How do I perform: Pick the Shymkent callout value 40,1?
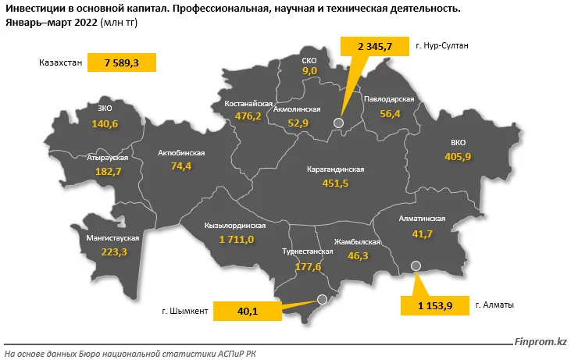click(248, 311)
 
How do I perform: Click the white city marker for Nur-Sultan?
click(338, 123)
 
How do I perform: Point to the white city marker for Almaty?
click(416, 266)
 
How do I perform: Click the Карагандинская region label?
click(336, 169)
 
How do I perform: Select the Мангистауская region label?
click(114, 237)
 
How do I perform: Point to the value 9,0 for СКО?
click(309, 71)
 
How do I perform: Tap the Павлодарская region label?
click(388, 99)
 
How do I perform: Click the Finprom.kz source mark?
click(540, 341)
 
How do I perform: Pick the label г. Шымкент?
click(185, 311)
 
